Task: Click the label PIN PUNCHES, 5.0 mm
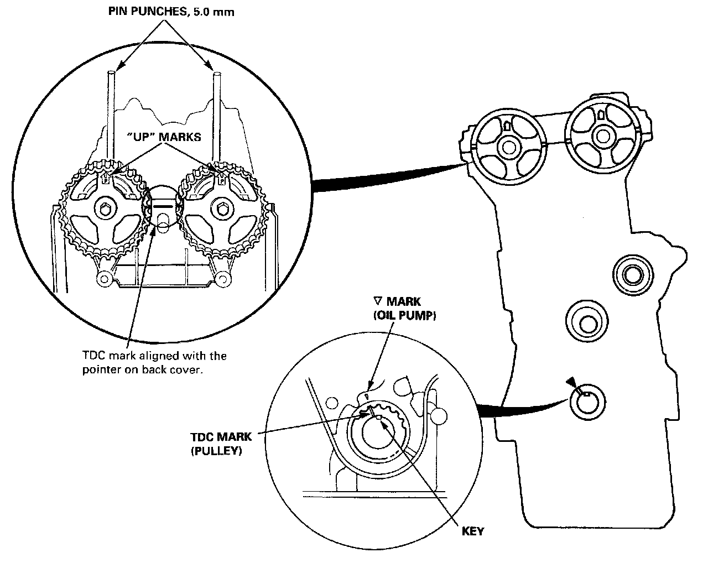[x=171, y=12]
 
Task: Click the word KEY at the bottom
[x=473, y=531]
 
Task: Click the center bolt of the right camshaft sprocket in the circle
[x=221, y=209]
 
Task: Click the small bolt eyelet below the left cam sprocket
[x=103, y=278]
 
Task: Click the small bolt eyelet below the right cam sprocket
[x=222, y=278]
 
